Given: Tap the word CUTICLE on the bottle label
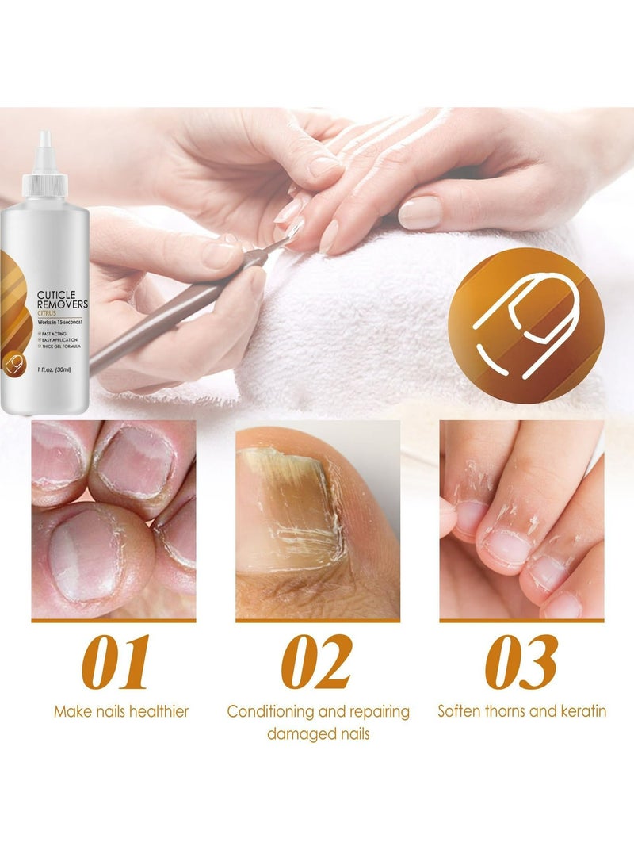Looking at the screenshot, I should point(58,294).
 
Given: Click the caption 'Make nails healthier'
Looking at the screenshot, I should point(121,711).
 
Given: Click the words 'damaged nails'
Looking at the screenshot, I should point(318,734).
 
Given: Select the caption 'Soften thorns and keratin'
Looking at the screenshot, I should point(521,711).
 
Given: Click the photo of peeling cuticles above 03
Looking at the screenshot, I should point(521,519).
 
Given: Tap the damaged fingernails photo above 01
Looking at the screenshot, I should point(113,519).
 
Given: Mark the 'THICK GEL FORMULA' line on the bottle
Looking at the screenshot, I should point(64,354).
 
